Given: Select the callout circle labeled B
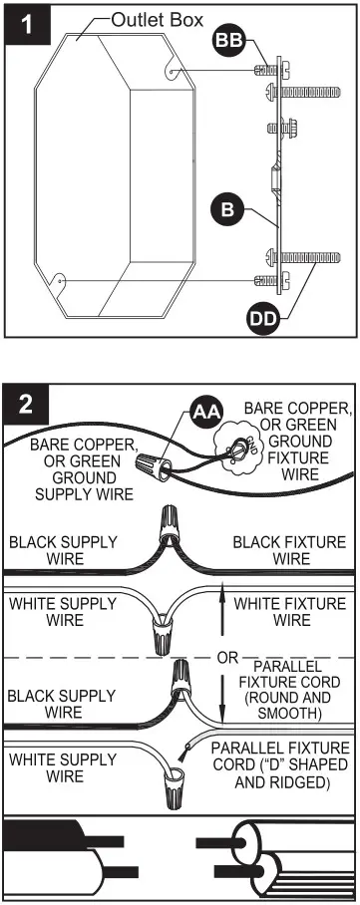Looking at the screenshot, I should coord(226,209).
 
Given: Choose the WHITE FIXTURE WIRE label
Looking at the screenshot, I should coord(290,612).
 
